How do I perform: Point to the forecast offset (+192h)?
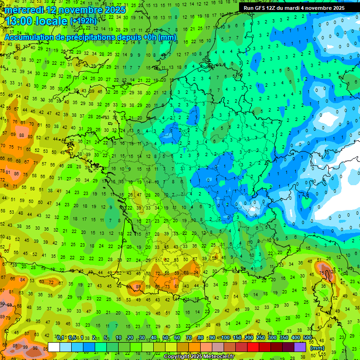tap(83, 21)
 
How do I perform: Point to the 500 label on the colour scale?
tap(307, 338)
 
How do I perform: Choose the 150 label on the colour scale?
tap(238, 338)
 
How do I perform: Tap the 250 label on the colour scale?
tap(261, 338)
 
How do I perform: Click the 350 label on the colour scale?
tap(284, 338)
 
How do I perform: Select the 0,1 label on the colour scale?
tap(60, 338)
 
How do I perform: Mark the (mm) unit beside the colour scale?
tap(318, 348)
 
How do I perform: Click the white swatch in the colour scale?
tap(54, 347)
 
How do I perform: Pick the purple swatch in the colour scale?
tap(300, 347)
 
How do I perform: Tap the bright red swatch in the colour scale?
tap(253, 347)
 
